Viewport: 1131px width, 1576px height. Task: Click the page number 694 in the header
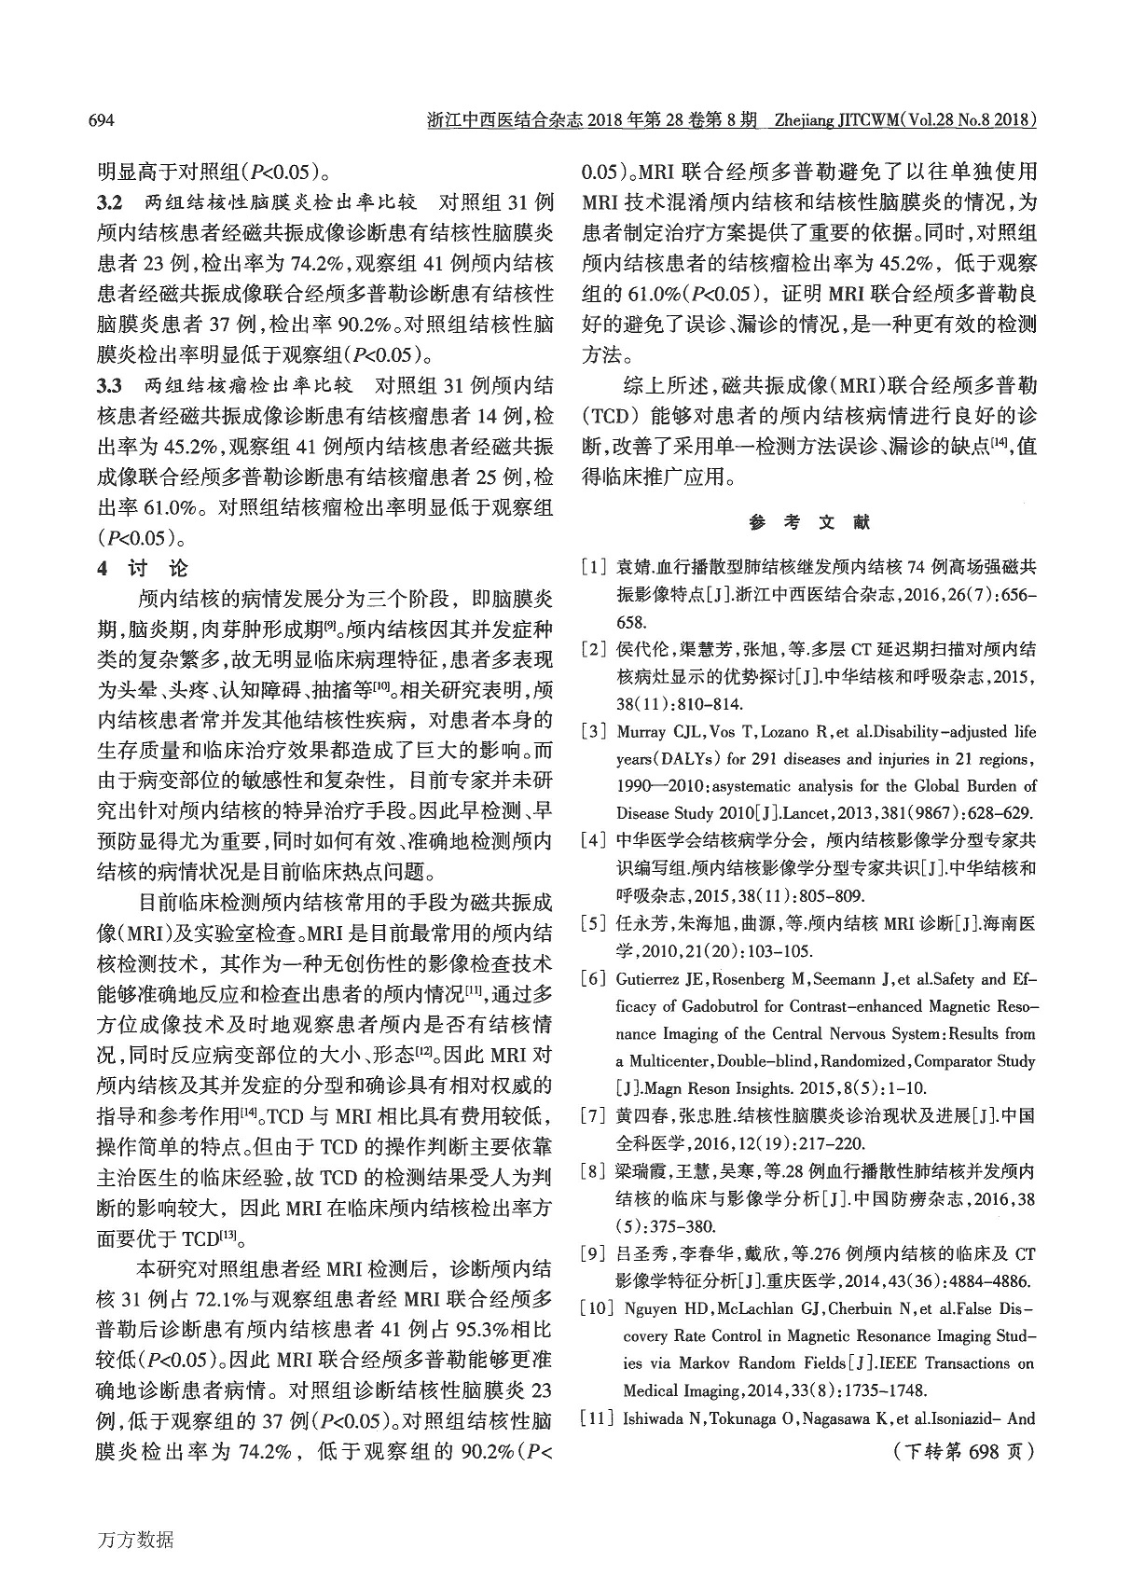click(x=101, y=121)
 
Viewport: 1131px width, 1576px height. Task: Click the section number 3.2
click(x=111, y=202)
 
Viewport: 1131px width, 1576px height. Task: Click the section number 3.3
click(x=111, y=385)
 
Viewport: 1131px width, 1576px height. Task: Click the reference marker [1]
click(x=595, y=567)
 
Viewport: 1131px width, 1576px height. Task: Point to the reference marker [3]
click(x=595, y=732)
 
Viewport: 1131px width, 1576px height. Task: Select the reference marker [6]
click(x=595, y=979)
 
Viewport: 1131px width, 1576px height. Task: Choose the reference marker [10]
click(x=596, y=1309)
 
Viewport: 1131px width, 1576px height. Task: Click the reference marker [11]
click(x=596, y=1419)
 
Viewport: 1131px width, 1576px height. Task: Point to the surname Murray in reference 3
click(x=642, y=732)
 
